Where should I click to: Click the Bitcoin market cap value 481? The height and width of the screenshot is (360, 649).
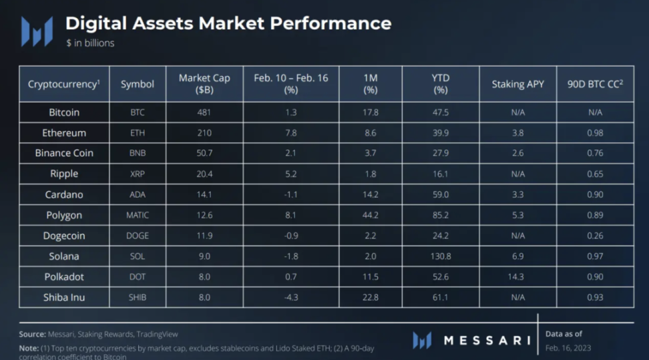204,112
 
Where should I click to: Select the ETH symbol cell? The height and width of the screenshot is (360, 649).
138,133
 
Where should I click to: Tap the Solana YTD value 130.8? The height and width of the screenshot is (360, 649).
440,256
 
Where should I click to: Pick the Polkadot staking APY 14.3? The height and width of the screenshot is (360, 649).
517,277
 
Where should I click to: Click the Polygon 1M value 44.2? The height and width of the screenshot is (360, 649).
371,215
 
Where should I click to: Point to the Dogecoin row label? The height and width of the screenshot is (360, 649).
65,235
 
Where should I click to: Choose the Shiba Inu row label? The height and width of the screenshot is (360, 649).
65,297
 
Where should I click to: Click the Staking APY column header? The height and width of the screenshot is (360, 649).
517,84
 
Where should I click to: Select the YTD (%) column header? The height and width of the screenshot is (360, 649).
440,83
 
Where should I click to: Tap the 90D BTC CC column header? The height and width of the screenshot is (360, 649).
595,84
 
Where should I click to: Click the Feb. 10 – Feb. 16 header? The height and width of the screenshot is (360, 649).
291,83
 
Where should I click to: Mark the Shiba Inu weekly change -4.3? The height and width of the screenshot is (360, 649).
291,297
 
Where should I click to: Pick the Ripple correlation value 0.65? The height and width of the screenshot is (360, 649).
595,174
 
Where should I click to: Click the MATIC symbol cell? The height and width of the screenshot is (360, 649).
138,215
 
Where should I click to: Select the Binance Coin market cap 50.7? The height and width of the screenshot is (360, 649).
204,153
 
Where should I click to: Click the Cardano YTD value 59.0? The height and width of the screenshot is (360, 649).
440,194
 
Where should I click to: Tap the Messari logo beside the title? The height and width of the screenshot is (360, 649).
37,31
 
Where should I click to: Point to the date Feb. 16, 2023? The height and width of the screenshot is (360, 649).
568,348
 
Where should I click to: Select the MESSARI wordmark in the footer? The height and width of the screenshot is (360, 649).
483,341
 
